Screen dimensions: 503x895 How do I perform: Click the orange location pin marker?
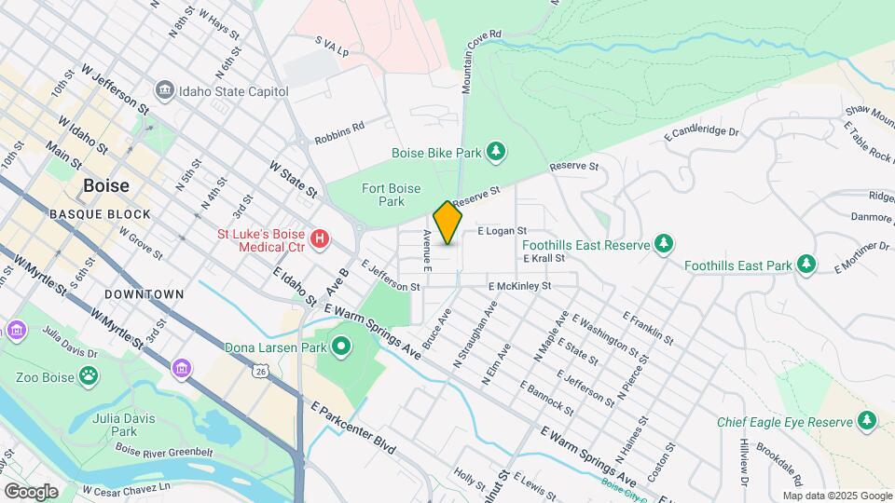coord(447,223)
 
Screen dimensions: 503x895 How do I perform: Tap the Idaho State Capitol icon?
coord(165,90)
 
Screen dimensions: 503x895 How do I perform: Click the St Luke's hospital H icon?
coord(321,240)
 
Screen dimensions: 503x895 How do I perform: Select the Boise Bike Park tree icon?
coord(497,152)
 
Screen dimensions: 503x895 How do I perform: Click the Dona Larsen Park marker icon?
coord(341,348)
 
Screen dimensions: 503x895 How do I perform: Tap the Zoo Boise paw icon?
coord(88,376)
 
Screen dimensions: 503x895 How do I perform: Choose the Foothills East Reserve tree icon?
coord(663,245)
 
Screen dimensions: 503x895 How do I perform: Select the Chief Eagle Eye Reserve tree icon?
coord(867,422)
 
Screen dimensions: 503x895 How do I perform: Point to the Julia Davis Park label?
coord(117,426)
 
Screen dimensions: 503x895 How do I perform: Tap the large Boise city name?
coord(106,185)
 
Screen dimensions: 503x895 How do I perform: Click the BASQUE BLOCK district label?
coord(100,214)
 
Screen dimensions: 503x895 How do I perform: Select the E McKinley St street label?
coord(519,286)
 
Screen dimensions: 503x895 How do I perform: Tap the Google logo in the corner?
coord(31,491)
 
